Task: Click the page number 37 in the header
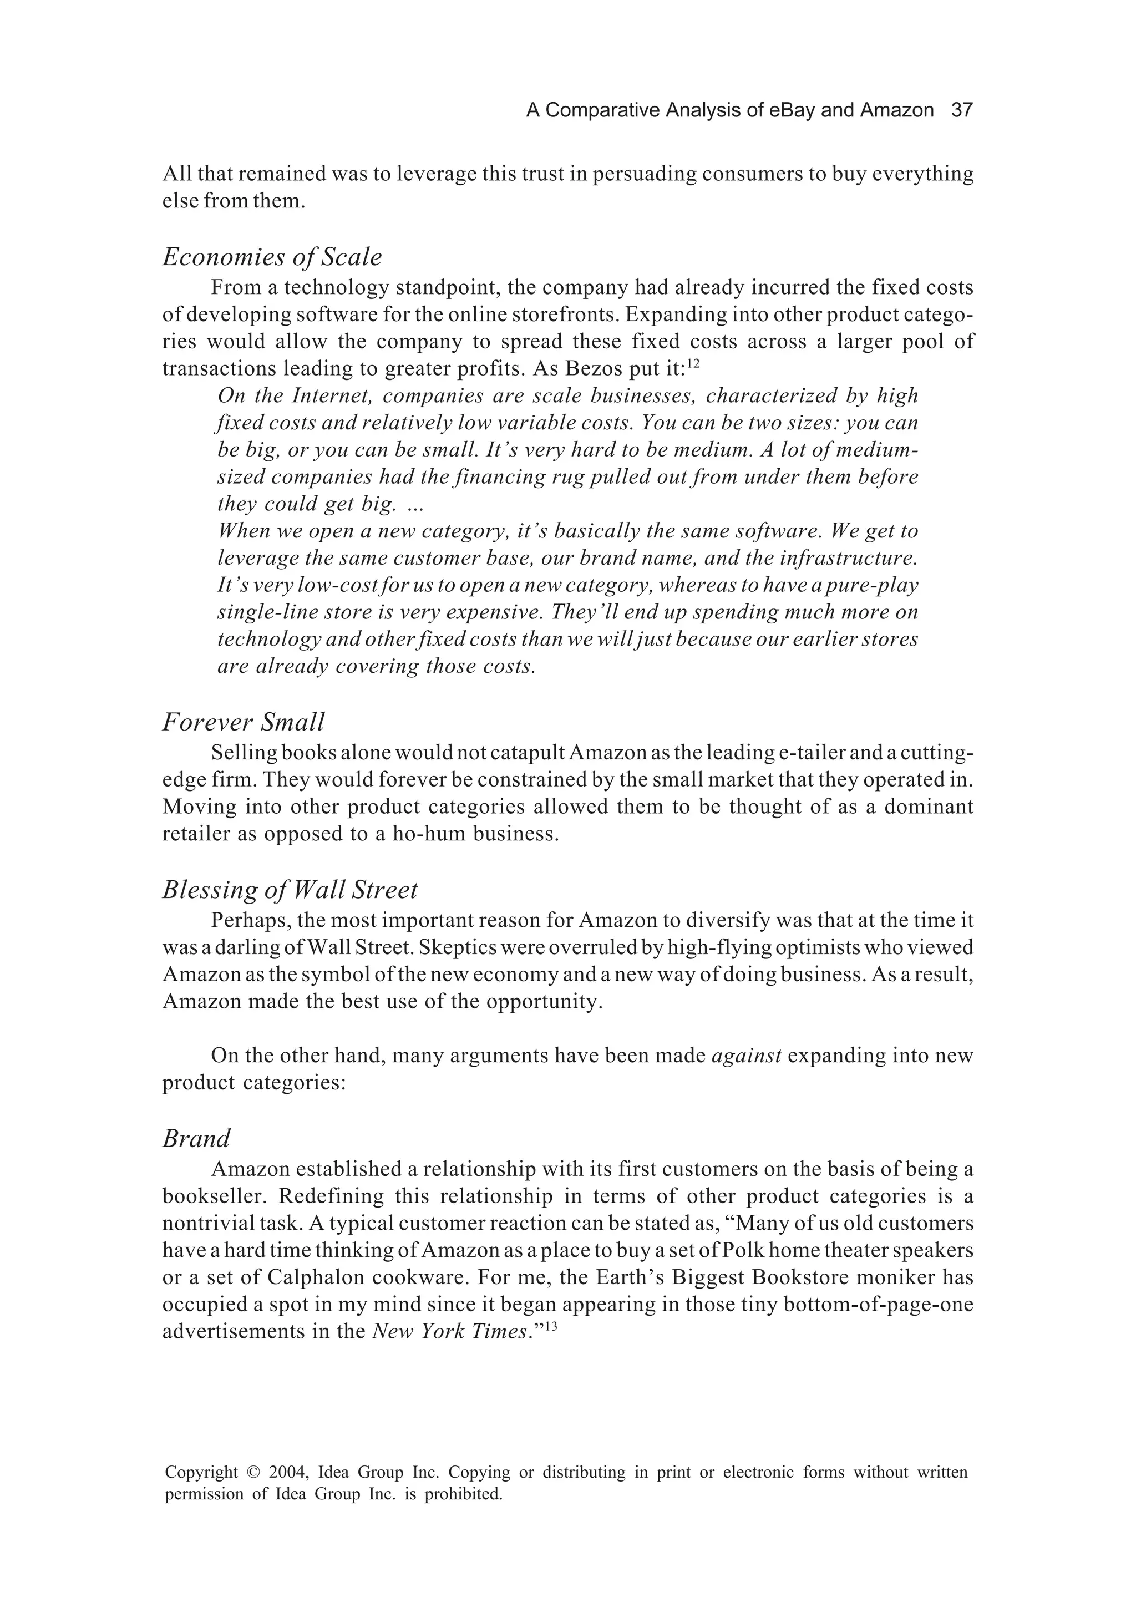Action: (x=962, y=110)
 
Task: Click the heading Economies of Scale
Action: (x=272, y=257)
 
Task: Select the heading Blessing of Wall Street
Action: (x=290, y=889)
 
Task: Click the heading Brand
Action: (x=196, y=1138)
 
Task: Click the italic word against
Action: (x=746, y=1056)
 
